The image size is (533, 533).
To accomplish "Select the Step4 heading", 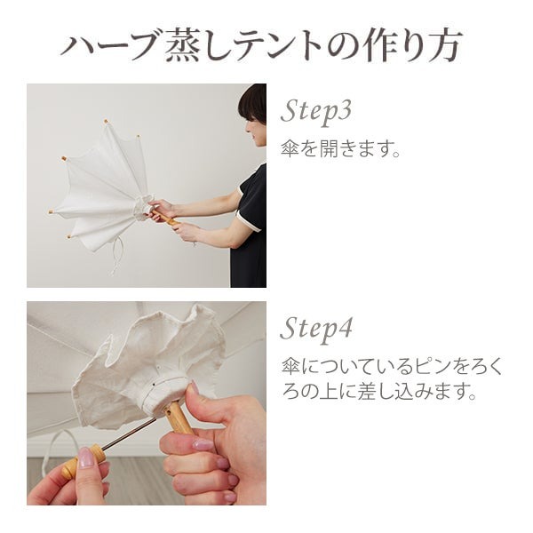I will (x=316, y=330).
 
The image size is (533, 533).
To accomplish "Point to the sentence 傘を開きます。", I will (x=340, y=147).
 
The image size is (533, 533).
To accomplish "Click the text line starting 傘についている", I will (x=391, y=365).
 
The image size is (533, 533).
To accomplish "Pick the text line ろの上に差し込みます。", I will (x=378, y=392).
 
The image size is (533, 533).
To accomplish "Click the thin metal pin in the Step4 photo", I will (x=130, y=435).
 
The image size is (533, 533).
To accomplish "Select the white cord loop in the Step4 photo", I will (x=53, y=444).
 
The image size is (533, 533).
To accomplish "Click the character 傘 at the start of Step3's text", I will (x=289, y=147).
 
